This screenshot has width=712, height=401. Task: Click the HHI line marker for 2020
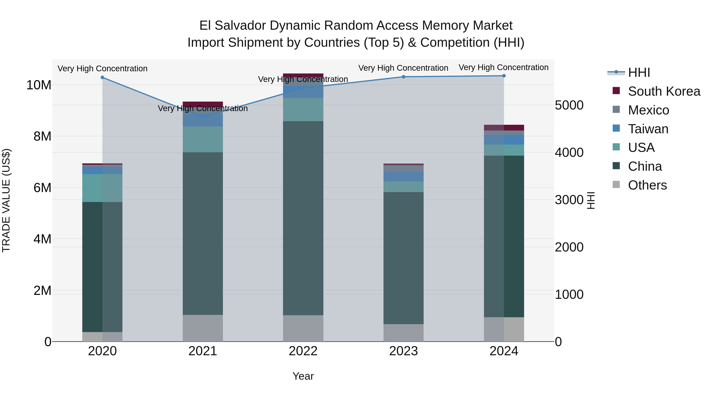(102, 77)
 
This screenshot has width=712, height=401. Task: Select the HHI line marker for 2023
(403, 77)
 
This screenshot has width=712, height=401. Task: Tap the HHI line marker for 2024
(504, 76)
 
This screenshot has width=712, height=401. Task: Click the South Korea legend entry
(664, 91)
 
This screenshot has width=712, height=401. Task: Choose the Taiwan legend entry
(648, 129)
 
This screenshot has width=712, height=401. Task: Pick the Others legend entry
(647, 185)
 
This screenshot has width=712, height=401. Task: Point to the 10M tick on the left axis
(39, 85)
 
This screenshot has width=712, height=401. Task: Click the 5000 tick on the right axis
(569, 105)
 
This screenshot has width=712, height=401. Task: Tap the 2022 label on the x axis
(303, 351)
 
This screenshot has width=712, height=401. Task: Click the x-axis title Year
(303, 376)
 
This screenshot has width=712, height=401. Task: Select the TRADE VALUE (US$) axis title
(6, 200)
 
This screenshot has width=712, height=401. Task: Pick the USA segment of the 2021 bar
(203, 139)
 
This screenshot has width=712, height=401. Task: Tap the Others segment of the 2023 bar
(403, 333)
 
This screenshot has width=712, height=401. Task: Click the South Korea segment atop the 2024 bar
(504, 128)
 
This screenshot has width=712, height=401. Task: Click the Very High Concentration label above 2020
(102, 68)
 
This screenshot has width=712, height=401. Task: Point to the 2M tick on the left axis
(42, 291)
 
